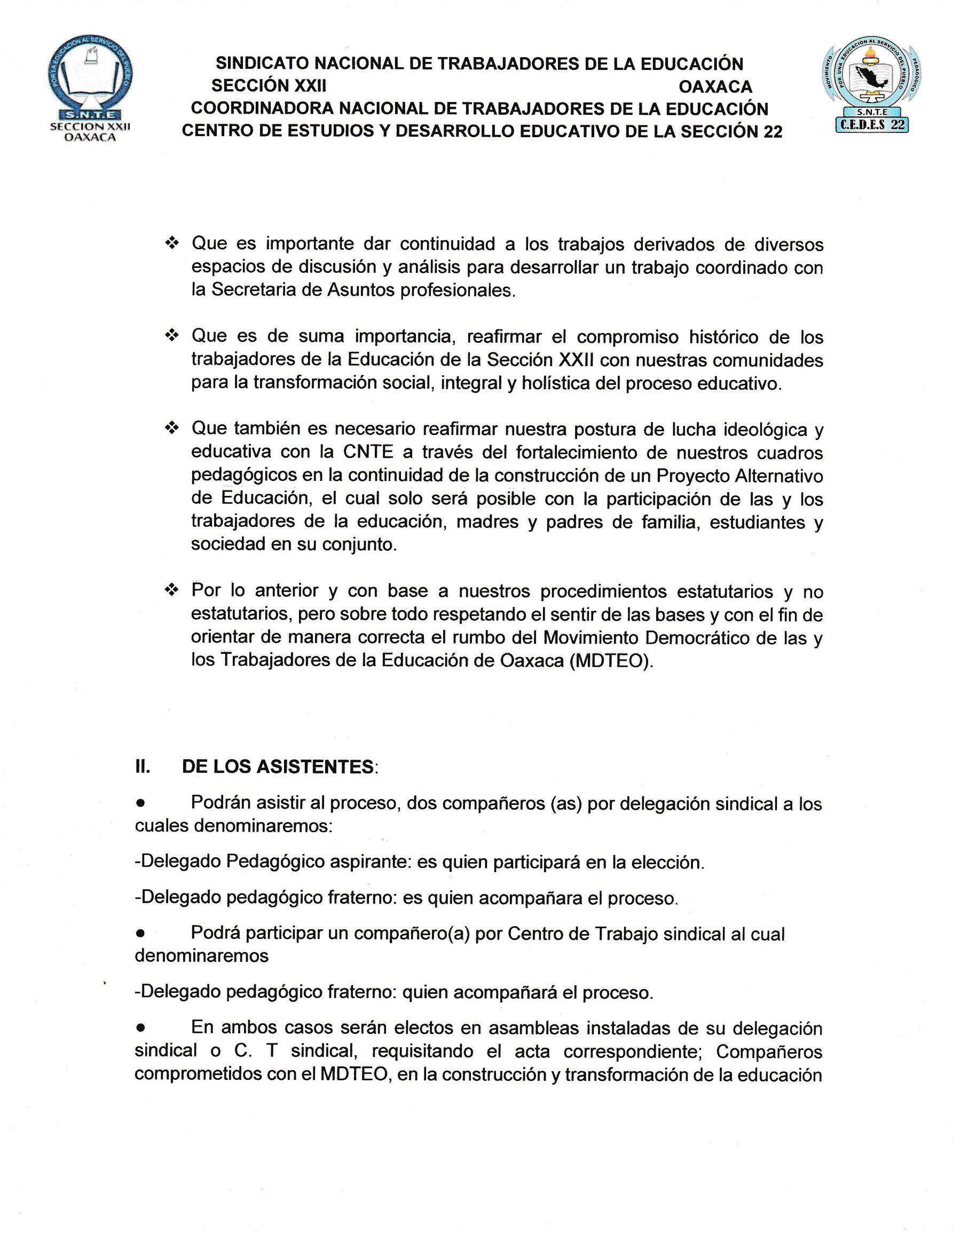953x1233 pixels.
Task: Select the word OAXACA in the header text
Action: [x=715, y=87]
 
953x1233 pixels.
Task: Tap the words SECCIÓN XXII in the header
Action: [x=269, y=86]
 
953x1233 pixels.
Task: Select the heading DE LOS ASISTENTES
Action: [x=278, y=766]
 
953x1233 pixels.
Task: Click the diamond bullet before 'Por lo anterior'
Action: [x=171, y=591]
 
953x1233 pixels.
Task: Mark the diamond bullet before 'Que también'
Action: [x=171, y=429]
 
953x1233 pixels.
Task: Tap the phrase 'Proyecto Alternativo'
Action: [x=739, y=476]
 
